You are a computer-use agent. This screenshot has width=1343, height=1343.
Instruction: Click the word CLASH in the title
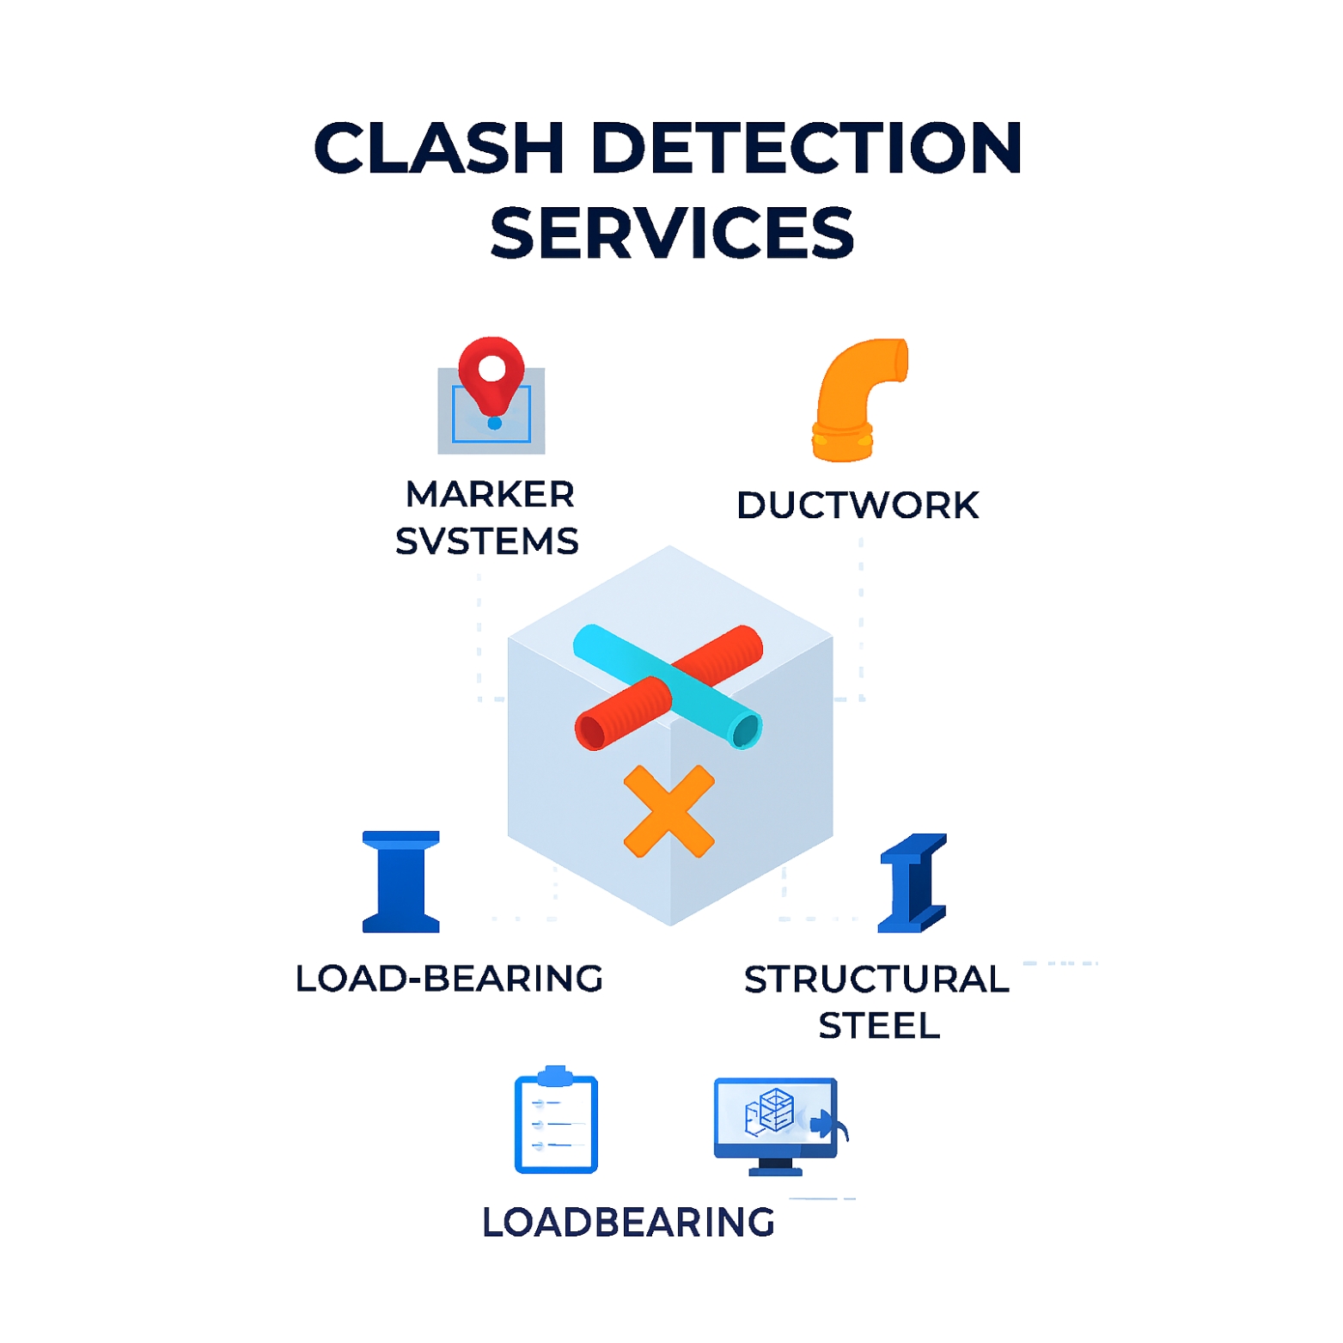point(438,148)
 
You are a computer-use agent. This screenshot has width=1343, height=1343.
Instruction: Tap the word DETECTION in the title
point(806,148)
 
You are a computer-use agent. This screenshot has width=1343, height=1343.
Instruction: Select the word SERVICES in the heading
point(672,233)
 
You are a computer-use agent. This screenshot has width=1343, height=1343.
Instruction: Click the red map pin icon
point(491,371)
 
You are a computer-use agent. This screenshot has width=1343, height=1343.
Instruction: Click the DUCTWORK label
point(858,505)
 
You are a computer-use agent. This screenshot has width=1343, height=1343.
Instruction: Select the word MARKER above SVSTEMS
point(490,494)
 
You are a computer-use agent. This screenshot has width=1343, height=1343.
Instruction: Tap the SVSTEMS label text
point(487,541)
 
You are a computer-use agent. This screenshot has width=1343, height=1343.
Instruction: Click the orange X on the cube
point(668,811)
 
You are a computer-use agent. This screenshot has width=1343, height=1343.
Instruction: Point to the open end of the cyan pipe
point(745,731)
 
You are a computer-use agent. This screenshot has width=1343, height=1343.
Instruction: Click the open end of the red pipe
point(591,731)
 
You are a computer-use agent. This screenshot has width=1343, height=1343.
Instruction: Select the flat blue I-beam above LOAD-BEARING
point(401,882)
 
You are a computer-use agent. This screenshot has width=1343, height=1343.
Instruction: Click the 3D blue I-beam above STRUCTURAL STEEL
point(913,882)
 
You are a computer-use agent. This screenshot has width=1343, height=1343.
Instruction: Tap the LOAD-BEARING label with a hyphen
point(449,979)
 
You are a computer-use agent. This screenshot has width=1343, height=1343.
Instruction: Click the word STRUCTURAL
point(876,980)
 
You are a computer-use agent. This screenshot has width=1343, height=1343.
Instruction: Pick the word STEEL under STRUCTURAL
point(879,1026)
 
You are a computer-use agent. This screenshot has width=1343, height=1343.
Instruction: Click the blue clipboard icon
point(556,1124)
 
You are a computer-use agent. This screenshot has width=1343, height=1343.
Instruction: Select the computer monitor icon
point(776,1124)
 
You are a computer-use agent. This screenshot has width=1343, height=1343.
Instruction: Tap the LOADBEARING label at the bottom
point(628,1222)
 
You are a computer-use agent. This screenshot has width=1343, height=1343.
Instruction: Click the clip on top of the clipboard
point(555,1075)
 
